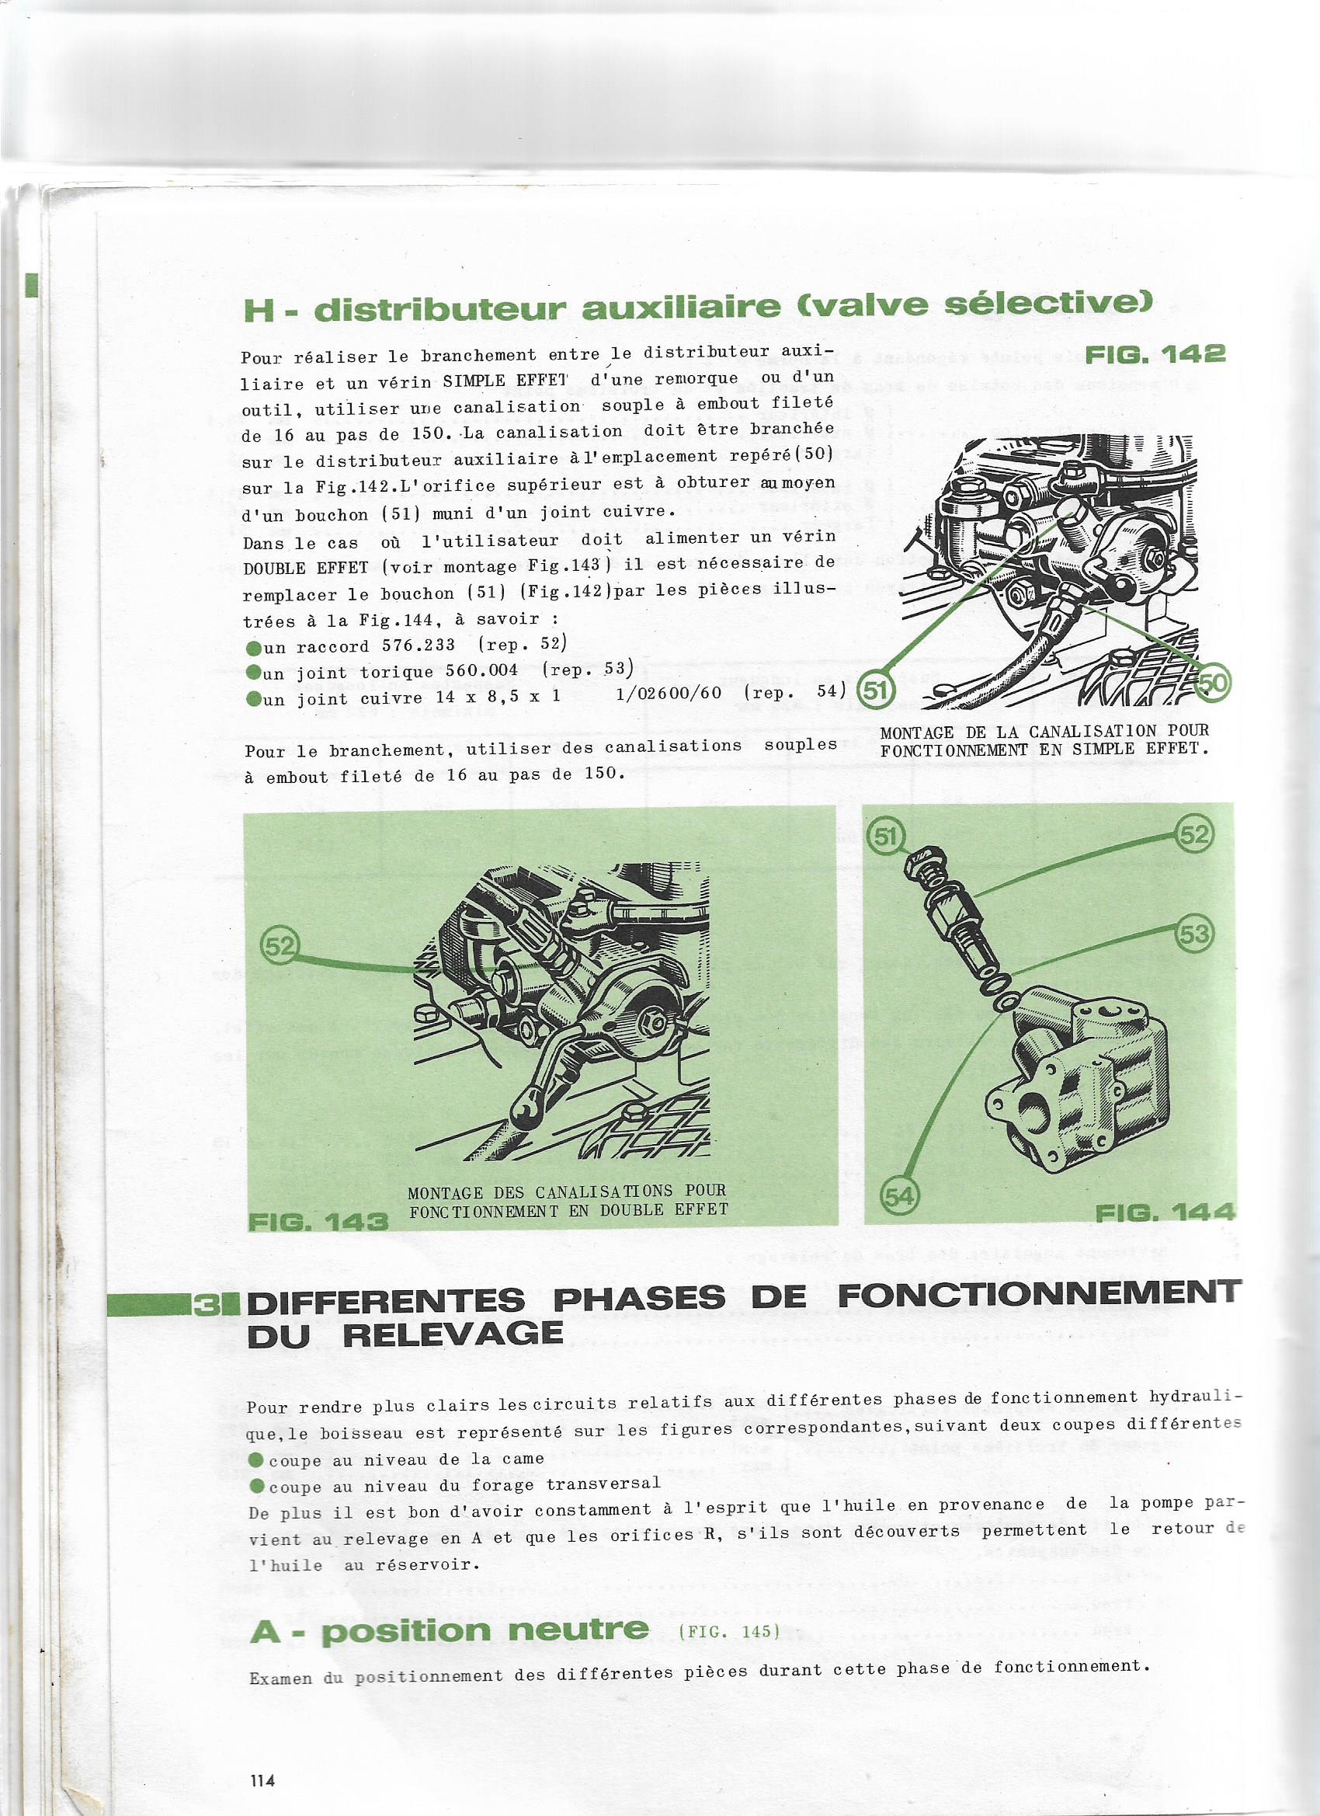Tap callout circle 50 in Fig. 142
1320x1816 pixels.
click(x=1214, y=681)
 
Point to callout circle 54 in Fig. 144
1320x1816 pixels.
click(x=900, y=1195)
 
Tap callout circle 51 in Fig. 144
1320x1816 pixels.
click(x=885, y=837)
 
